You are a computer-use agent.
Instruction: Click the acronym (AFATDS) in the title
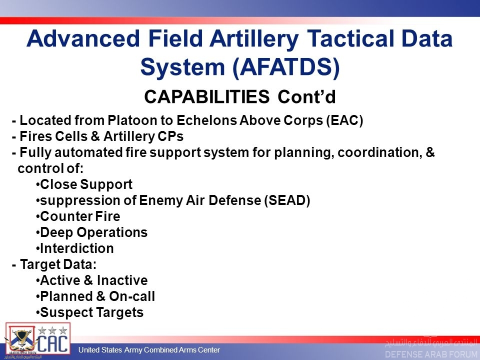pyautogui.click(x=286, y=67)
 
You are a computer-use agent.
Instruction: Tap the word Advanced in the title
pyautogui.click(x=83, y=38)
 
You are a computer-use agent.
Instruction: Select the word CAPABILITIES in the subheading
pyautogui.click(x=206, y=96)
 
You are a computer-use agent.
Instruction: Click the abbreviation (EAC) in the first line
pyautogui.click(x=344, y=120)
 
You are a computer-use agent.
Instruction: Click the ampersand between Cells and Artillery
pyautogui.click(x=95, y=136)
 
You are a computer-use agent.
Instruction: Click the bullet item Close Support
pyautogui.click(x=84, y=184)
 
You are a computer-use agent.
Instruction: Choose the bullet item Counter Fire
pyautogui.click(x=78, y=216)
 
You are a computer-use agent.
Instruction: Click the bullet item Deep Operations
pyautogui.click(x=91, y=232)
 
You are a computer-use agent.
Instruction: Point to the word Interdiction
pyautogui.click(x=77, y=248)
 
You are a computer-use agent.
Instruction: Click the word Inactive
pyautogui.click(x=122, y=280)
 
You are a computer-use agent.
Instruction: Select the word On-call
pyautogui.click(x=132, y=296)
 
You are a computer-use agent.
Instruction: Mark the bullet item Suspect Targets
pyautogui.click(x=89, y=312)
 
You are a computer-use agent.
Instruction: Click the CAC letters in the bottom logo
pyautogui.click(x=52, y=344)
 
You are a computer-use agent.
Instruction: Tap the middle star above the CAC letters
pyautogui.click(x=52, y=330)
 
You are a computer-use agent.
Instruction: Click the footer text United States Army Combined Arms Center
pyautogui.click(x=149, y=350)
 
